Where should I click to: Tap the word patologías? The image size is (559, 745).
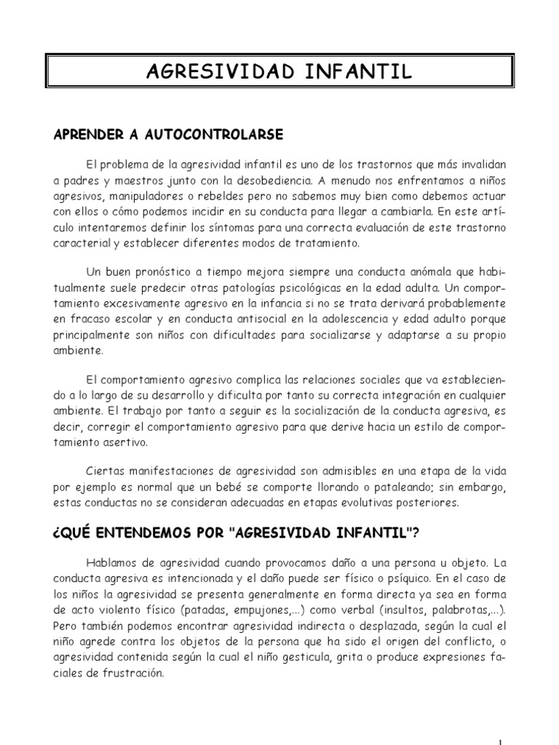click(x=245, y=288)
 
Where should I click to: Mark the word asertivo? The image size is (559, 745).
click(x=127, y=442)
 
